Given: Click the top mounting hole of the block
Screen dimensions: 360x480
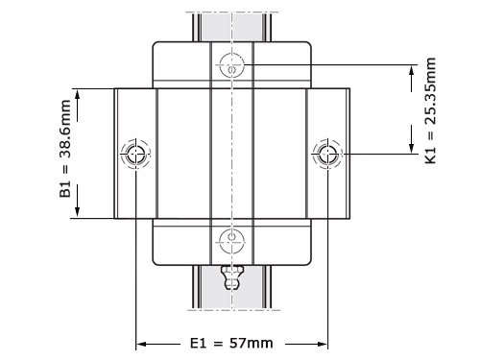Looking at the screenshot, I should point(231,65).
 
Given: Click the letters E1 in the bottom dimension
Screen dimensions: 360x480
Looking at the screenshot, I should point(197,343).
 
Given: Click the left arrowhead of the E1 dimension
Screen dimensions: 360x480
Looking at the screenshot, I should point(140,343).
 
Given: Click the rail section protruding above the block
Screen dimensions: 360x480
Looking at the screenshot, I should point(231,25).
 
